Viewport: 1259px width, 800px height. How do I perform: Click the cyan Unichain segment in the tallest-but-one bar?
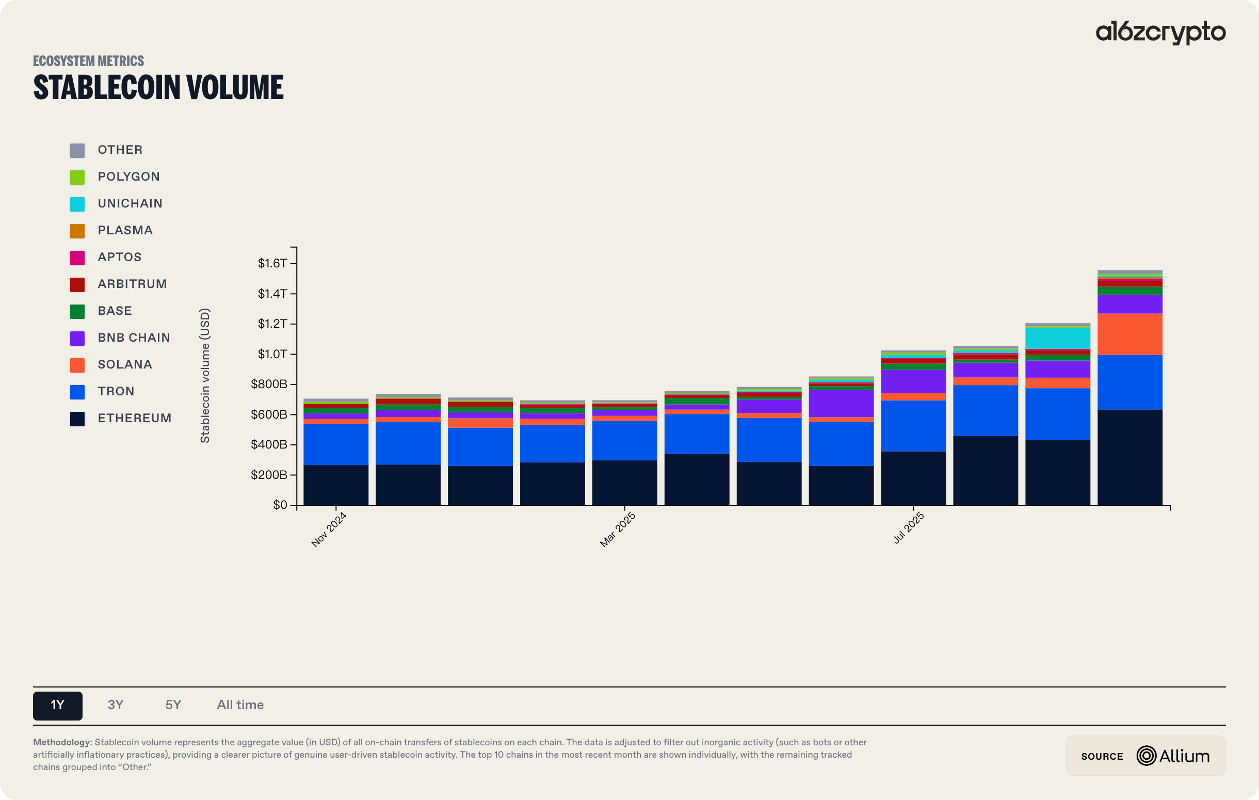tap(1057, 338)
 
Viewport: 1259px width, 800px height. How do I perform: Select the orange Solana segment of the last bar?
tap(1129, 334)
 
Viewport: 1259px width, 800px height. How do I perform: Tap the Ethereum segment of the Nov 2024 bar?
tap(336, 485)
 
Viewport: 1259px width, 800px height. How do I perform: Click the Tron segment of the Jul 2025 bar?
tap(913, 426)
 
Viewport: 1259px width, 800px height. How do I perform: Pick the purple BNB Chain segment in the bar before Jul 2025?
tap(841, 403)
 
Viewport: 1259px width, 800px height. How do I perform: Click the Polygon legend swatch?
tap(77, 177)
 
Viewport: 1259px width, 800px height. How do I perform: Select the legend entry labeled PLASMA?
tap(125, 230)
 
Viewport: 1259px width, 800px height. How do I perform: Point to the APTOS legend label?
tap(119, 257)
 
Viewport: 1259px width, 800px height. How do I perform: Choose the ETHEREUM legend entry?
tap(134, 418)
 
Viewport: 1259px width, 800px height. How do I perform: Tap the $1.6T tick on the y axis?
tap(272, 263)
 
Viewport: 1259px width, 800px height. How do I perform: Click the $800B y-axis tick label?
tap(269, 385)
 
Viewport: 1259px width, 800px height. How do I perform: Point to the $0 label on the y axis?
tap(280, 505)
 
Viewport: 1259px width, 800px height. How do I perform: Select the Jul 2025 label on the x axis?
tap(908, 527)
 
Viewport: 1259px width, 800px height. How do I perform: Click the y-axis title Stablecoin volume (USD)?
tap(205, 375)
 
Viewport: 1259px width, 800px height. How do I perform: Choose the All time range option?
tap(240, 705)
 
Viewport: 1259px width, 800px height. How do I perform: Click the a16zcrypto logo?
tap(1160, 33)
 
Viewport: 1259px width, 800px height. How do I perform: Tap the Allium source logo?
tap(1173, 756)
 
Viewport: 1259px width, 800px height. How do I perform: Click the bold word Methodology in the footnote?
tap(63, 742)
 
